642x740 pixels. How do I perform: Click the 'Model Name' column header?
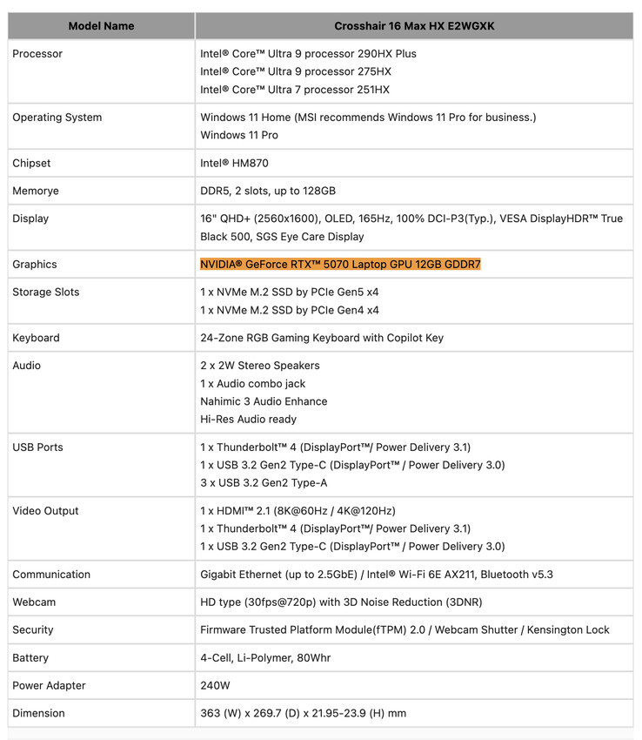coord(101,26)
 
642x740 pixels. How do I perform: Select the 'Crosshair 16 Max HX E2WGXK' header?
coord(414,26)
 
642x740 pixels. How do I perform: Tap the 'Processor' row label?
coord(37,54)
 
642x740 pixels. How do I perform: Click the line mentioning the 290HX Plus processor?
coord(308,54)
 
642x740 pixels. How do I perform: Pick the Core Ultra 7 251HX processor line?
coord(295,90)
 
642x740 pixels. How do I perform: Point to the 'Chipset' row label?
coord(31,164)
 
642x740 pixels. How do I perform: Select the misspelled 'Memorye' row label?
coord(36,192)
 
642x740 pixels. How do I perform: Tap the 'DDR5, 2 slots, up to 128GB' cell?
coord(268,192)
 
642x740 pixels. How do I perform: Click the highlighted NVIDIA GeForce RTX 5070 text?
coord(340,265)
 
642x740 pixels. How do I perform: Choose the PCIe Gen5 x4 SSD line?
coord(290,293)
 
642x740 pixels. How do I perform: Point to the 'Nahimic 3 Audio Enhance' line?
coord(264,401)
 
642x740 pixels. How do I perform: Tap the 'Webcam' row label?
coord(33,602)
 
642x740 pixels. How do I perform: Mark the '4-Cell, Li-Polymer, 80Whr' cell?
coord(265,658)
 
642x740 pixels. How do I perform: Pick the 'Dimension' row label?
coord(38,714)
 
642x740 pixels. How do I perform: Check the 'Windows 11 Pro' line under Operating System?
coord(239,136)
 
